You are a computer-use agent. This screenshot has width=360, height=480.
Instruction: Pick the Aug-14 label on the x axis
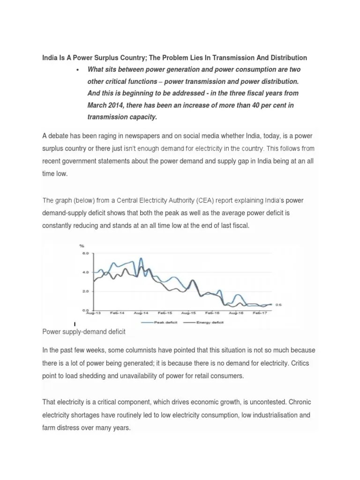(x=139, y=313)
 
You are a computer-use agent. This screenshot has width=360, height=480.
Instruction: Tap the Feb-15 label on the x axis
(x=164, y=313)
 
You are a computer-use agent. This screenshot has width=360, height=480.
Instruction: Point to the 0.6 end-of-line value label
(x=278, y=304)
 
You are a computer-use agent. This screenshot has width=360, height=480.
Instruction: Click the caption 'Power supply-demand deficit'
(x=84, y=331)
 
